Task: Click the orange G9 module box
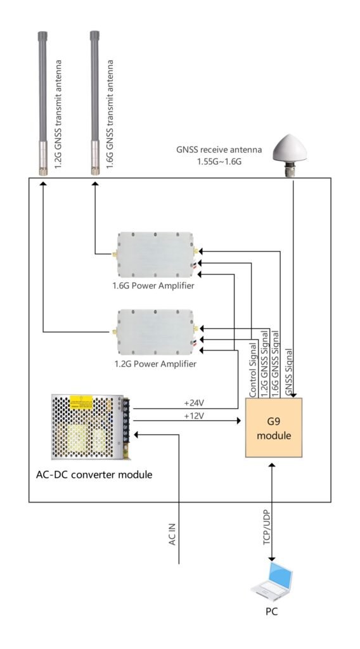[274, 427]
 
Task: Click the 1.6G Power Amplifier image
[156, 255]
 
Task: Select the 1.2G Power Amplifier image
[156, 332]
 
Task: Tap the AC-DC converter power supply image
[91, 427]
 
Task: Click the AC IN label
[172, 534]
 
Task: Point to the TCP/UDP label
[267, 528]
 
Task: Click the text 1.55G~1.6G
[219, 162]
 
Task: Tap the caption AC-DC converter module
[94, 474]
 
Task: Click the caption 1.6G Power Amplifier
[153, 286]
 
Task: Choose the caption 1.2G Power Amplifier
[155, 364]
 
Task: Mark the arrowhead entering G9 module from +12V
[239, 421]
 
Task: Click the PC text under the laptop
[271, 611]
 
